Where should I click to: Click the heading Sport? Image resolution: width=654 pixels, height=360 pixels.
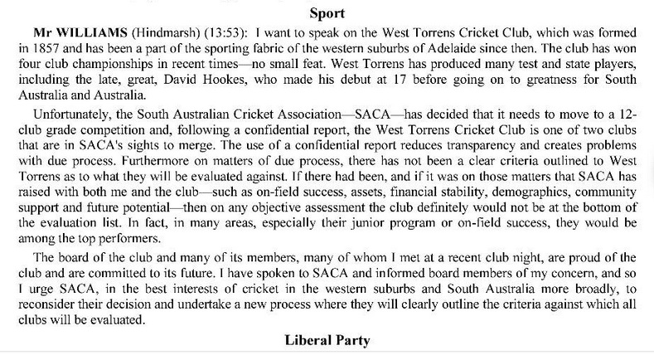pos(327,12)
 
